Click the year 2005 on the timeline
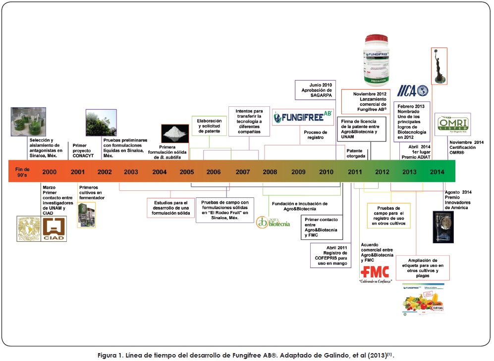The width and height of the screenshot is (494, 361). pyautogui.click(x=187, y=172)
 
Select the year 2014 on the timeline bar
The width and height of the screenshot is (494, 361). pyautogui.click(x=437, y=172)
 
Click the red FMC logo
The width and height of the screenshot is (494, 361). pyautogui.click(x=375, y=272)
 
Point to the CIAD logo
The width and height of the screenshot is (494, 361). pyautogui.click(x=54, y=229)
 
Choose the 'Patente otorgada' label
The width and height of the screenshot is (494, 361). pyautogui.click(x=356, y=153)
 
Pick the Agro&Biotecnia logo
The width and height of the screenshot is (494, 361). pyautogui.click(x=270, y=222)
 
